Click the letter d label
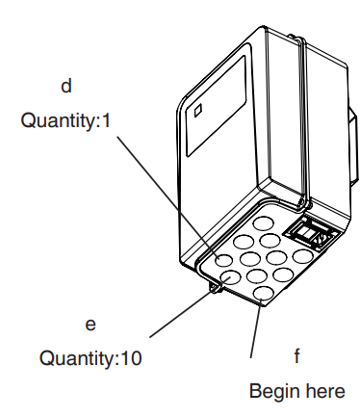pyautogui.click(x=66, y=87)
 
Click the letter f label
pyautogui.click(x=296, y=357)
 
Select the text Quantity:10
pyautogui.click(x=90, y=359)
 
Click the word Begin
pyautogui.click(x=272, y=392)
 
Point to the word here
pyautogui.click(x=324, y=392)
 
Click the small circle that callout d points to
pyautogui.click(x=223, y=260)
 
